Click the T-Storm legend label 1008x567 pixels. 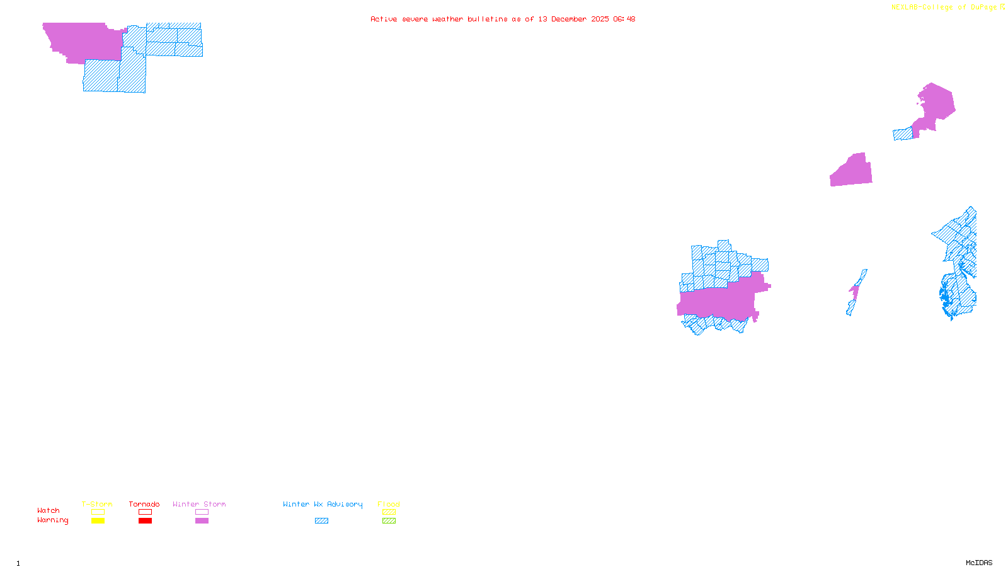[x=97, y=504]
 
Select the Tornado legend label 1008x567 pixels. [x=144, y=504]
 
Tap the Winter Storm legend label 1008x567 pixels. [x=199, y=504]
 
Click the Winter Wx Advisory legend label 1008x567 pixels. [x=323, y=504]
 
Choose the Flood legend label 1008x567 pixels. [x=389, y=504]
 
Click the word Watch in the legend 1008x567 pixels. [x=49, y=510]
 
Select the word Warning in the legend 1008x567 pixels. [x=53, y=520]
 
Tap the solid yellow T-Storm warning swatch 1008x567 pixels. [x=98, y=521]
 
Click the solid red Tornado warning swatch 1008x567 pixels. [x=146, y=521]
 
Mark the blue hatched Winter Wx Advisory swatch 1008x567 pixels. [x=322, y=521]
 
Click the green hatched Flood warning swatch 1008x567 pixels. [x=389, y=521]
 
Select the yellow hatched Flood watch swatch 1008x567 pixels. [x=389, y=512]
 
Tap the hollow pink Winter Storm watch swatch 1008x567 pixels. [x=202, y=512]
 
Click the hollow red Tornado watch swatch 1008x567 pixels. [x=146, y=512]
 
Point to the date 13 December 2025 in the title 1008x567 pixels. [x=573, y=19]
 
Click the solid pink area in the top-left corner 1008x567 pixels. [x=82, y=41]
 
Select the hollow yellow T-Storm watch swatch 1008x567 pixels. [x=98, y=512]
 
